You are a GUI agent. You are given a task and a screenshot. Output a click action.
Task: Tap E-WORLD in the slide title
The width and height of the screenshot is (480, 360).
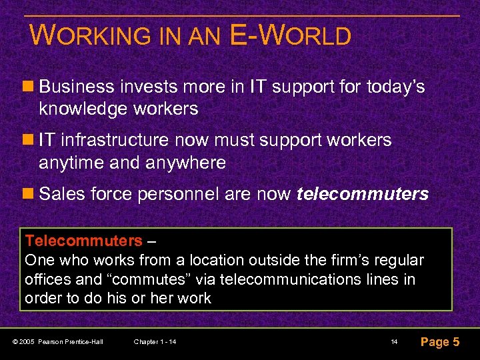289,35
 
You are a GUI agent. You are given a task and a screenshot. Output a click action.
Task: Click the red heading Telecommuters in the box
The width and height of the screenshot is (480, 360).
83,241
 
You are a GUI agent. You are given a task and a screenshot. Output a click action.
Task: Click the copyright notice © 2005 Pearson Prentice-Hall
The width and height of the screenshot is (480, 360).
61,342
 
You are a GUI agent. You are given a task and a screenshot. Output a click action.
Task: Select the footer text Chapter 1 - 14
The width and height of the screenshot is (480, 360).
155,342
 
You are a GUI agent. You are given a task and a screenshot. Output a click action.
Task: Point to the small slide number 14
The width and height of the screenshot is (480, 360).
394,342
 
